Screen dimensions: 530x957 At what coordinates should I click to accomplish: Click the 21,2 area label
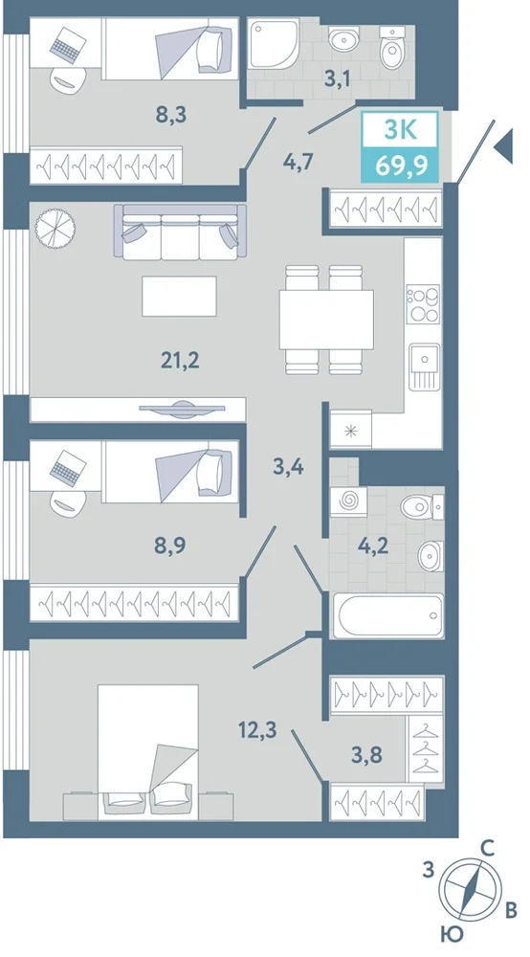coord(181,361)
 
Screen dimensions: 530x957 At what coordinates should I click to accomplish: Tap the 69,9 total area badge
coord(400,165)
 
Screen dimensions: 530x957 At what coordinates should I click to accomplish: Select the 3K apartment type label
coord(400,130)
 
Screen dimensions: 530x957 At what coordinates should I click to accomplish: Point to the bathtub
coord(387,615)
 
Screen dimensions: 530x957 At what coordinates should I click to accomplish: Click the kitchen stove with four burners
coord(424,303)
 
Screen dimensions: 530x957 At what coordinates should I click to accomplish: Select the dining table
coord(326,320)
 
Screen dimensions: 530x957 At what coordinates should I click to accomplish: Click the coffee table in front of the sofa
coord(179,296)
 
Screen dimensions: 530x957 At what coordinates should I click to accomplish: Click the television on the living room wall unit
coord(183,409)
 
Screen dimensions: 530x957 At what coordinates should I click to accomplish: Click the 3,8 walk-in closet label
coord(366,755)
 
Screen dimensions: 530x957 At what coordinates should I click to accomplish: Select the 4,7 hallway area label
coord(298,163)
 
